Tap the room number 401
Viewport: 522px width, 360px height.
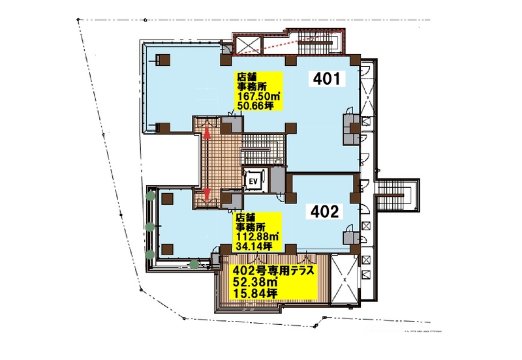[x=327, y=79]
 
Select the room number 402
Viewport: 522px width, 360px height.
[x=324, y=211]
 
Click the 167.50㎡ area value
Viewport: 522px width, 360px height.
[x=258, y=97]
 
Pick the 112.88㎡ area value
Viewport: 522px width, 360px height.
[x=257, y=237]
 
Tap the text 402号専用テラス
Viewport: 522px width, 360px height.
[x=274, y=270]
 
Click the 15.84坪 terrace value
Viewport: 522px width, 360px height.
[x=256, y=293]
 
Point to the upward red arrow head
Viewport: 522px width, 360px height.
[x=207, y=133]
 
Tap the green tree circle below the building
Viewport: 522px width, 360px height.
[x=194, y=265]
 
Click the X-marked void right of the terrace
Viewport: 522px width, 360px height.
[x=345, y=280]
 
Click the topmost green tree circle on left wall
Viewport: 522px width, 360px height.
[x=151, y=196]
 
